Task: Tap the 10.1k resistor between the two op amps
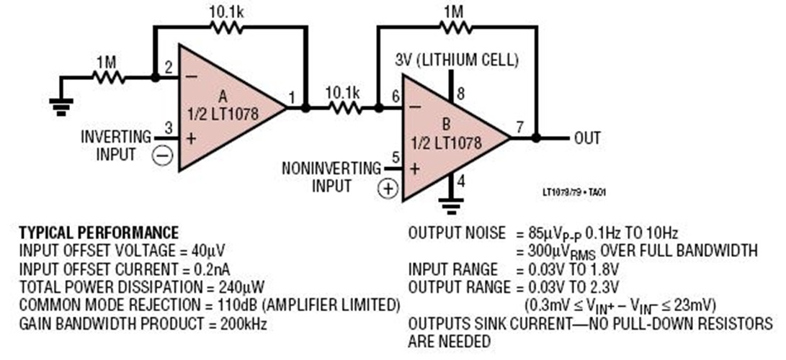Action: tap(344, 108)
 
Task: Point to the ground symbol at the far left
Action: tap(61, 107)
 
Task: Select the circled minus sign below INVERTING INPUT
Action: tap(164, 156)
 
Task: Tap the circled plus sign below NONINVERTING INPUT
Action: tap(388, 189)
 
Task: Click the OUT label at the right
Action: tap(587, 138)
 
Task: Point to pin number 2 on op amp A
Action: tap(167, 68)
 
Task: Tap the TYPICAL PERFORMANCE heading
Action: tap(98, 233)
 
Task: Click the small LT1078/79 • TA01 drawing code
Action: tap(574, 193)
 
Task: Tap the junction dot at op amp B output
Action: tap(535, 138)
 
